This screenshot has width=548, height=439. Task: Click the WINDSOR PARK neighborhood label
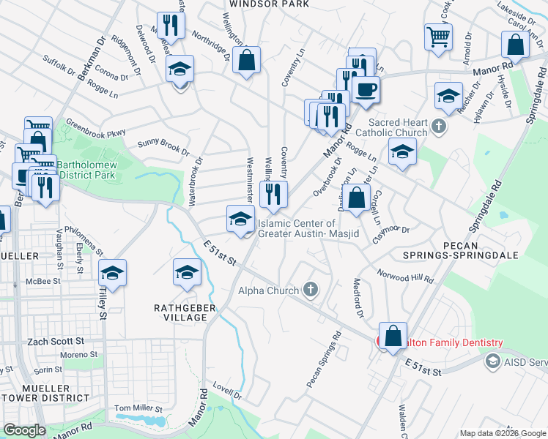(268, 4)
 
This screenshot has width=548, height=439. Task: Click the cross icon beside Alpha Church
(311, 290)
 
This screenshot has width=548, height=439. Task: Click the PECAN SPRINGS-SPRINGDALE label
(460, 249)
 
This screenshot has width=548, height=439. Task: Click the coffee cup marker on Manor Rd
(366, 90)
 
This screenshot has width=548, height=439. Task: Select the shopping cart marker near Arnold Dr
(437, 37)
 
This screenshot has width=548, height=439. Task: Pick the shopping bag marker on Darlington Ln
(358, 199)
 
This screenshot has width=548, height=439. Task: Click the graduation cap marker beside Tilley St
(112, 274)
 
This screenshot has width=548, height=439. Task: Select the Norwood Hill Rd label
(405, 276)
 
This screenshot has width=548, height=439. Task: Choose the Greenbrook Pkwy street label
(95, 129)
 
